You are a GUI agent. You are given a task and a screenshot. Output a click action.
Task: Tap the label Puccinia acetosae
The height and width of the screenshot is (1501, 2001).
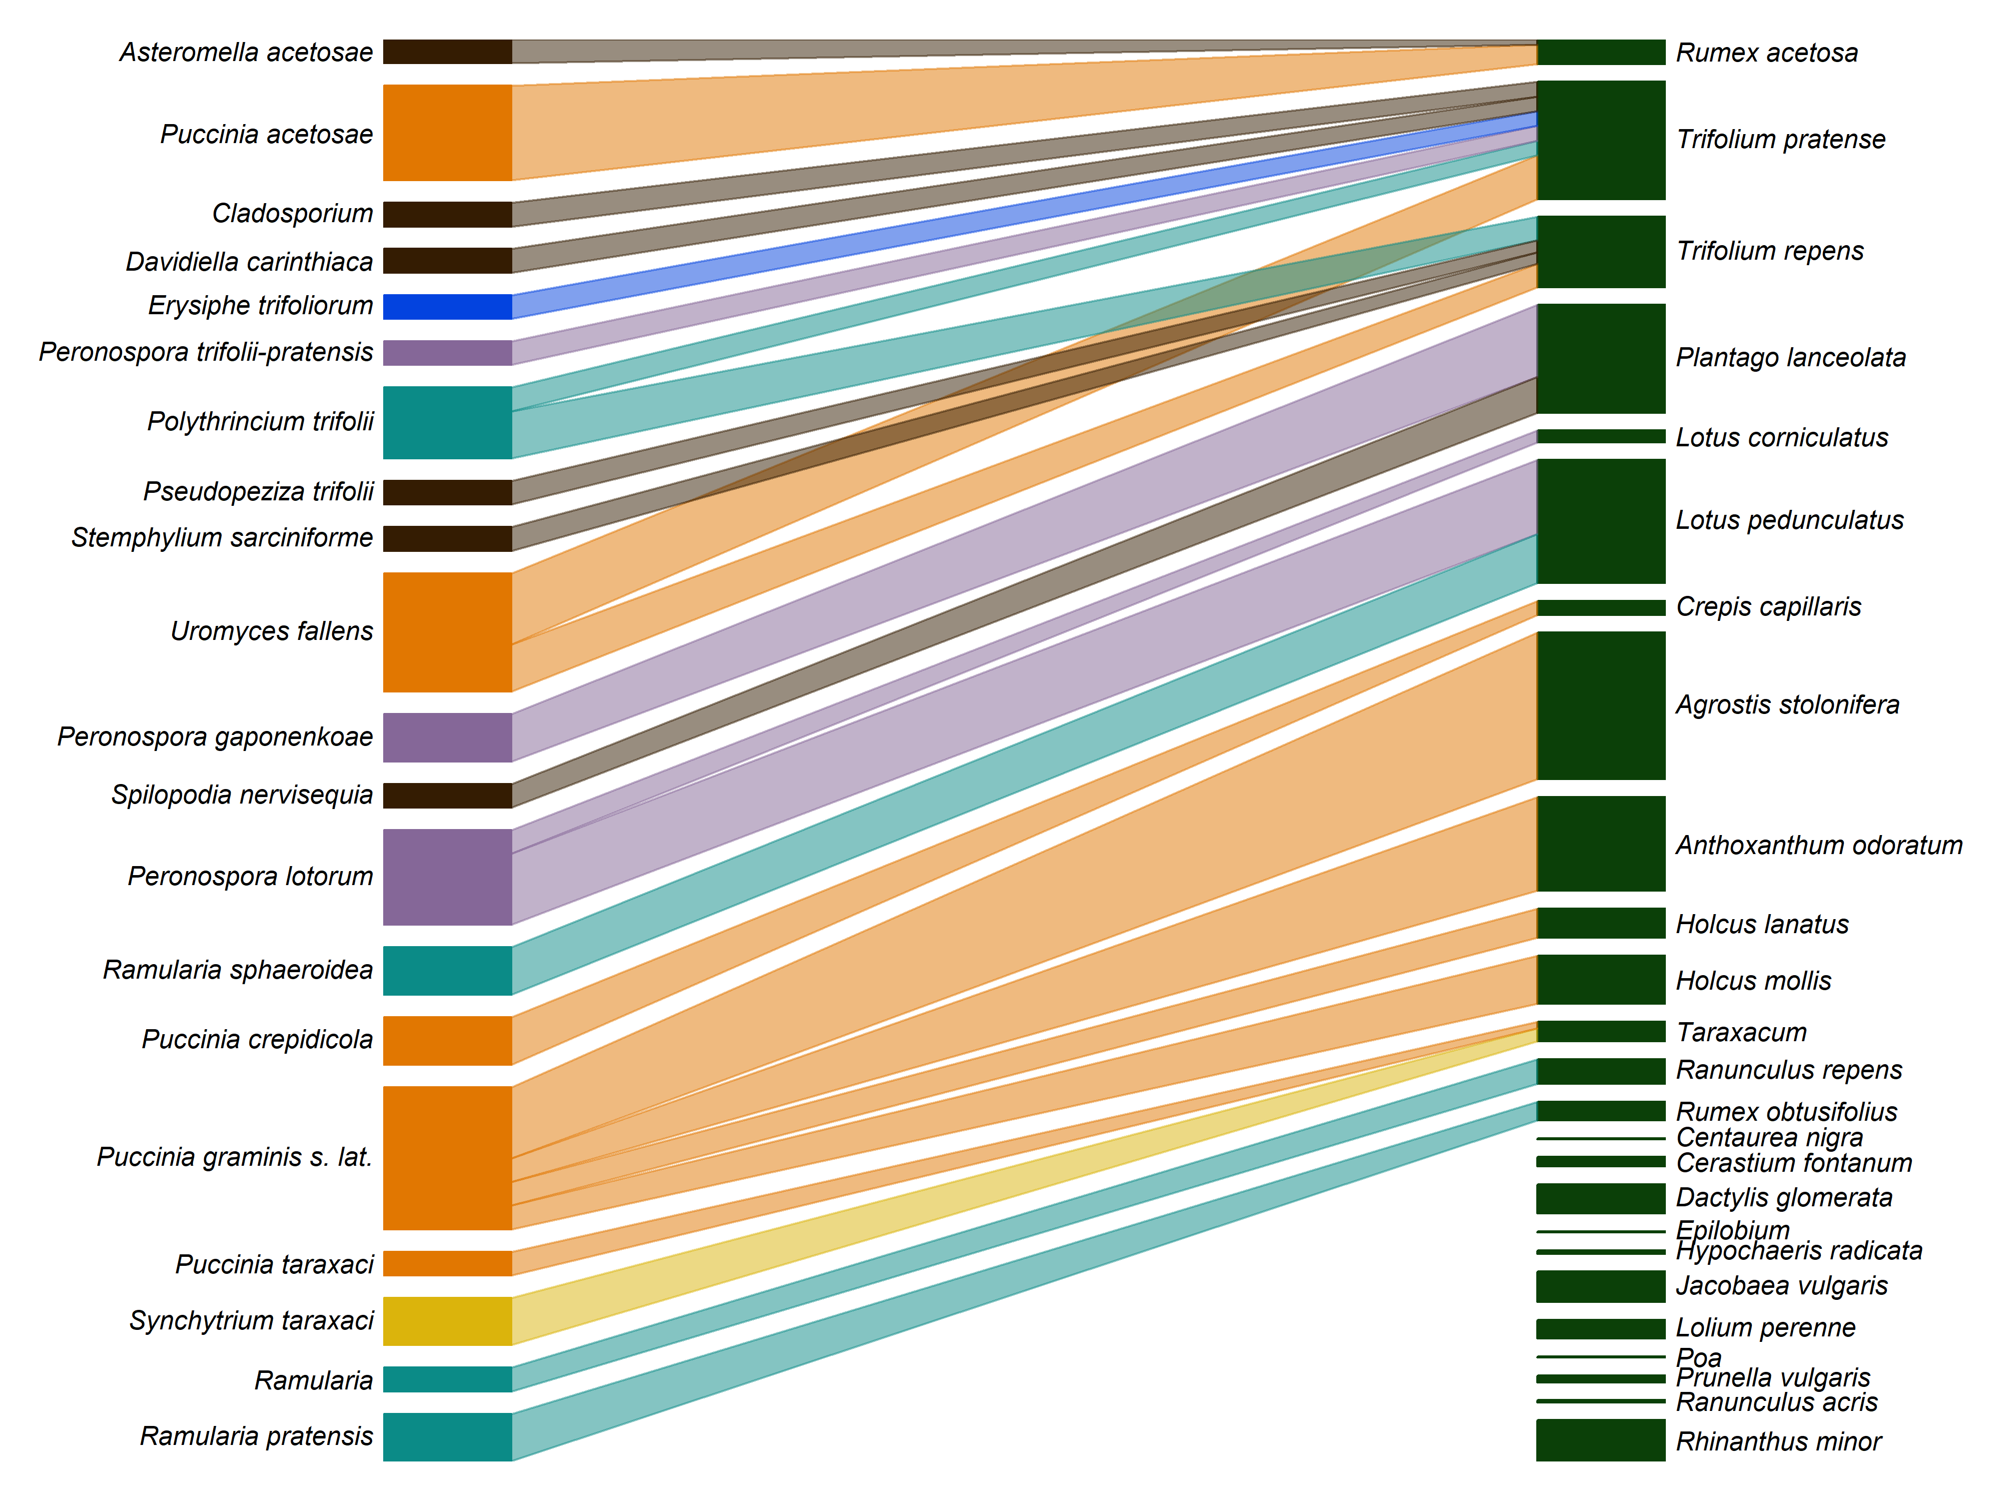point(266,135)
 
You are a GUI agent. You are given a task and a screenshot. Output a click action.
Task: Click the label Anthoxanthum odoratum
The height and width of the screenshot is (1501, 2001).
point(1818,845)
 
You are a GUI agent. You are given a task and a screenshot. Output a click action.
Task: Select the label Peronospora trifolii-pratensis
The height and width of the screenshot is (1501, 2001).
point(205,352)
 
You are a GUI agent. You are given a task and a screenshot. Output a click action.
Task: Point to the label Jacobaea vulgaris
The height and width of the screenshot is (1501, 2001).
point(1781,1286)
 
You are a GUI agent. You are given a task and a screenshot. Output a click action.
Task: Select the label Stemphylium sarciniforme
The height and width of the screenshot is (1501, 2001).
point(222,537)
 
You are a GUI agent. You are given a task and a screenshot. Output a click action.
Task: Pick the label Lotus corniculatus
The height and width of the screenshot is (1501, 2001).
point(1781,437)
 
